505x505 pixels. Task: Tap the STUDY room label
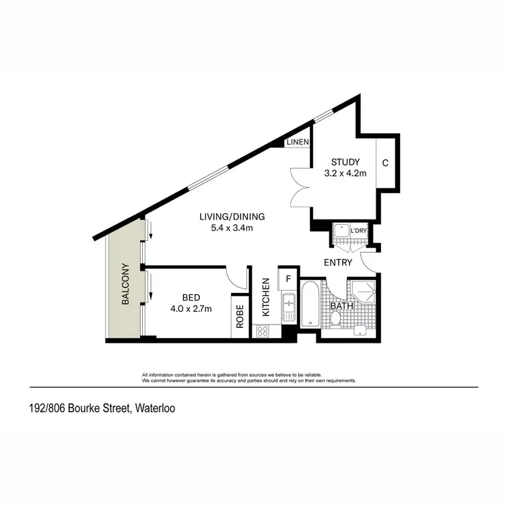[345, 162]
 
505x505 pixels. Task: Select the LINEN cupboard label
[297, 142]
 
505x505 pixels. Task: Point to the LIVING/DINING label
[232, 217]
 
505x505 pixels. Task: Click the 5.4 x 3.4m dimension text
[232, 228]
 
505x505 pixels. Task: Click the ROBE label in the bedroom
[240, 316]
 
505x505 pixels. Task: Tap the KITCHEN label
[266, 297]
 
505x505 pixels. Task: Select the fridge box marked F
[288, 278]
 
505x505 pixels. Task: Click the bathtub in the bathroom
[310, 304]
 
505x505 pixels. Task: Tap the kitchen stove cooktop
[263, 331]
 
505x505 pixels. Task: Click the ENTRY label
[338, 261]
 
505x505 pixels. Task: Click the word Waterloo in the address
[156, 408]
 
